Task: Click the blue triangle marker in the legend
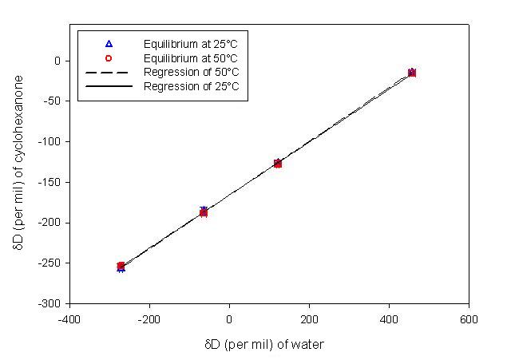pyautogui.click(x=109, y=43)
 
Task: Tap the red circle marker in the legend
pyautogui.click(x=109, y=57)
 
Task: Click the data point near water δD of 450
pyautogui.click(x=411, y=73)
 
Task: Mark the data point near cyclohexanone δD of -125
pyautogui.click(x=277, y=163)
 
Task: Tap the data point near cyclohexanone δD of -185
pyautogui.click(x=204, y=212)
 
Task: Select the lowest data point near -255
pyautogui.click(x=121, y=267)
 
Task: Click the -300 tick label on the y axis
pyautogui.click(x=50, y=304)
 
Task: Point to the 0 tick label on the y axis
pyautogui.click(x=57, y=61)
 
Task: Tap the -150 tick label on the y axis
pyautogui.click(x=50, y=182)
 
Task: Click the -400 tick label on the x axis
pyautogui.click(x=69, y=318)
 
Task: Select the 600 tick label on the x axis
pyautogui.click(x=469, y=318)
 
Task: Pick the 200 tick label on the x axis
pyautogui.click(x=309, y=318)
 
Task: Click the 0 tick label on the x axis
pyautogui.click(x=229, y=318)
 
